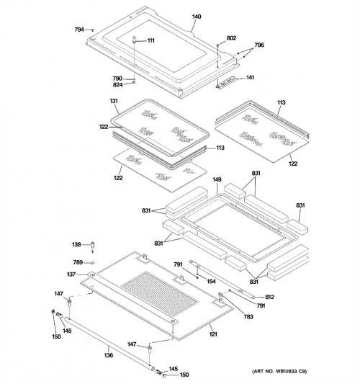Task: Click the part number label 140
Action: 197,17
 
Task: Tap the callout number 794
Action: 79,30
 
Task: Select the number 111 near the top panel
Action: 150,40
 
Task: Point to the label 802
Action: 231,38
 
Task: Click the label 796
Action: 259,45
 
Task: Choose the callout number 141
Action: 250,78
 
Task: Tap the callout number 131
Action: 114,101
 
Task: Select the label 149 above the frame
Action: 217,179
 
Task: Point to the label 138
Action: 76,244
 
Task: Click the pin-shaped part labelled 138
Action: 92,247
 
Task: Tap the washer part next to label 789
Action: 92,263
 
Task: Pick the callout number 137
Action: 71,274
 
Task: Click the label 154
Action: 211,282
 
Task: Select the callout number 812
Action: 269,297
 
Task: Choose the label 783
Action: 248,317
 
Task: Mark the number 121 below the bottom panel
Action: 213,334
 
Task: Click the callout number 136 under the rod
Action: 109,355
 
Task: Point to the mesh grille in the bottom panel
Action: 160,294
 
